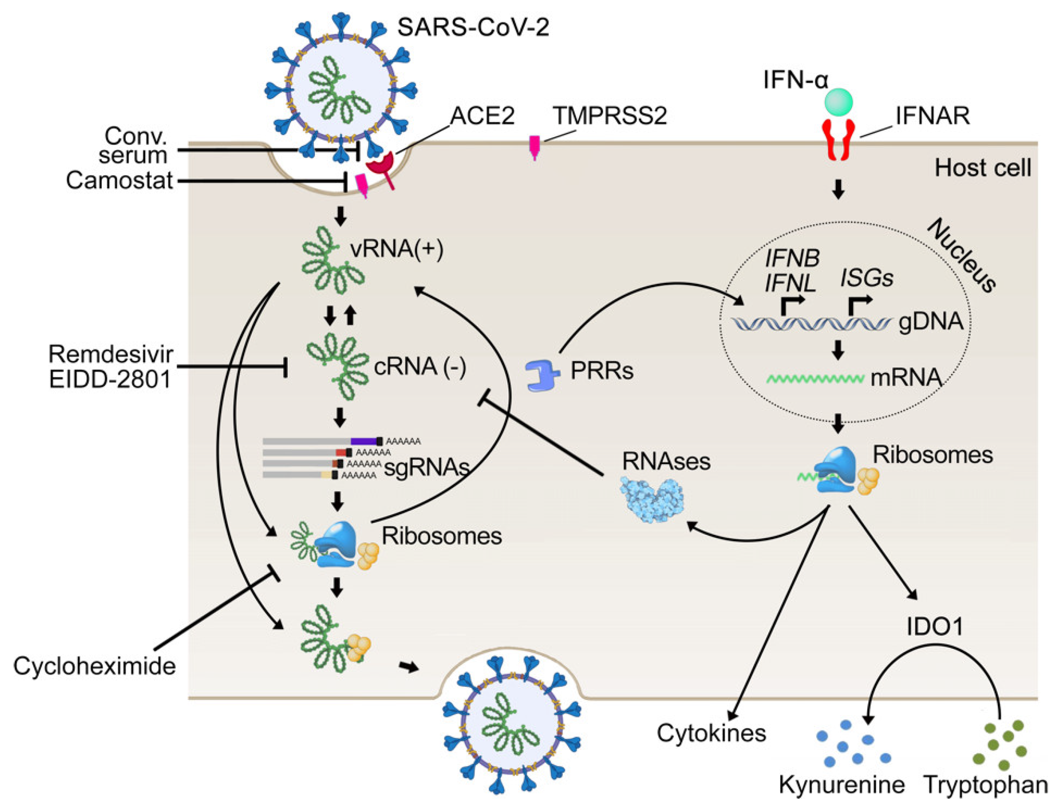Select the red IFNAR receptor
click(838, 140)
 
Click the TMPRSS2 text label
click(609, 116)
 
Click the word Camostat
click(119, 181)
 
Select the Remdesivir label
click(111, 355)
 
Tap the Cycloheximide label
click(94, 666)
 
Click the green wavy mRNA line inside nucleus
click(815, 378)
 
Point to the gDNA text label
click(930, 322)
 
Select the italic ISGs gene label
click(866, 278)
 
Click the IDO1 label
click(934, 627)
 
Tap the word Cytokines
click(712, 733)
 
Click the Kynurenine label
click(841, 785)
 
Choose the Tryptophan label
click(985, 785)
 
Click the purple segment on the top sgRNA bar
click(364, 441)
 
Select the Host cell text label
click(983, 168)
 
